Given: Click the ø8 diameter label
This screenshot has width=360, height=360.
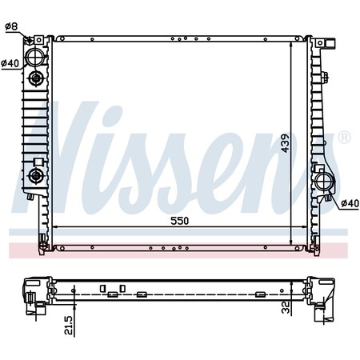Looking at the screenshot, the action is click(x=11, y=26).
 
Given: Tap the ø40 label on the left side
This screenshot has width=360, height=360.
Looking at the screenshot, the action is click(x=10, y=63).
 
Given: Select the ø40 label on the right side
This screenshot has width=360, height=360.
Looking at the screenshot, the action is click(x=350, y=203).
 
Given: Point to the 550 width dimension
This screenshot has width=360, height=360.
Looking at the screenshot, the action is click(x=179, y=221).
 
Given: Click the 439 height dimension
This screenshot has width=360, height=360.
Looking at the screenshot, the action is click(x=285, y=143).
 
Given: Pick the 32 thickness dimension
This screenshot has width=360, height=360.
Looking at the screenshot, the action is click(x=286, y=307).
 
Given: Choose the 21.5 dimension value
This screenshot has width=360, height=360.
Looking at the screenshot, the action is click(x=68, y=326).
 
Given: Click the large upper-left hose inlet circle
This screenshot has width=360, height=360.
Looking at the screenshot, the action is click(x=34, y=57).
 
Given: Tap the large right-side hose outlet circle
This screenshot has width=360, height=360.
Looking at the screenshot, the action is click(x=324, y=182).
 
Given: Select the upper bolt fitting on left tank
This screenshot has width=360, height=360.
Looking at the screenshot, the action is click(x=35, y=78).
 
